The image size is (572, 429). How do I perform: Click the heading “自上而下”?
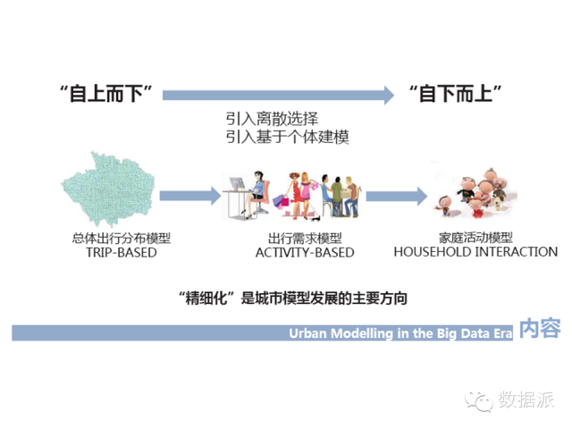[x=108, y=93]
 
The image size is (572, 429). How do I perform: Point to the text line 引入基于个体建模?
[x=286, y=137]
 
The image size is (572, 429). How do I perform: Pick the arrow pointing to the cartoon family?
[x=393, y=195]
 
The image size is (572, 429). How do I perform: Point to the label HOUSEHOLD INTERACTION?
[x=475, y=252]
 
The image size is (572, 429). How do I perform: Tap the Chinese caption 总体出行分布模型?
[x=121, y=238]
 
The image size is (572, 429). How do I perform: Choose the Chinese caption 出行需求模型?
[x=305, y=239]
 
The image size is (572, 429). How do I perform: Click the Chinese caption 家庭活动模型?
[x=475, y=238]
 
